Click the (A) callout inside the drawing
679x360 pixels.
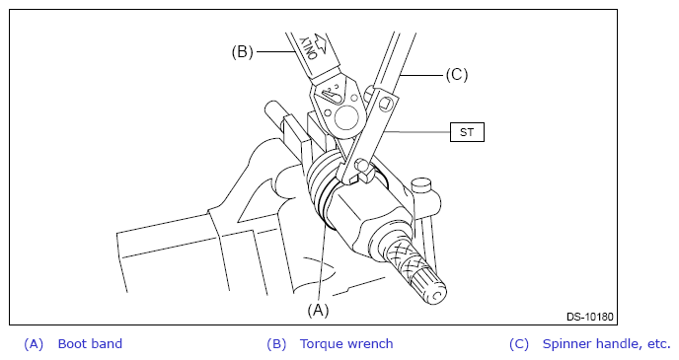click(318, 311)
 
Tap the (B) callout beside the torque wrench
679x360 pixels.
click(242, 52)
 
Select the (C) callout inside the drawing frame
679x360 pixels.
click(457, 75)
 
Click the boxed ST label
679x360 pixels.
click(467, 132)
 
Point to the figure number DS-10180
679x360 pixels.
click(590, 317)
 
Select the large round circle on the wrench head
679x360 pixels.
click(345, 116)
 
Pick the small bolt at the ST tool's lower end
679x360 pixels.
click(363, 167)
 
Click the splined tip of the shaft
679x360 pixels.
click(429, 288)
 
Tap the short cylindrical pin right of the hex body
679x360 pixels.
click(421, 186)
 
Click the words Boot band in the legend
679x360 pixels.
click(90, 344)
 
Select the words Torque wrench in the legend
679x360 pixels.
click(346, 344)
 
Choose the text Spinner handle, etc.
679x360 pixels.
click(606, 344)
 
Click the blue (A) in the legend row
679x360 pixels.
click(34, 344)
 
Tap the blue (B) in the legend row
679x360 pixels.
click(276, 344)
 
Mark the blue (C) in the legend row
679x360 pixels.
click(519, 344)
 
